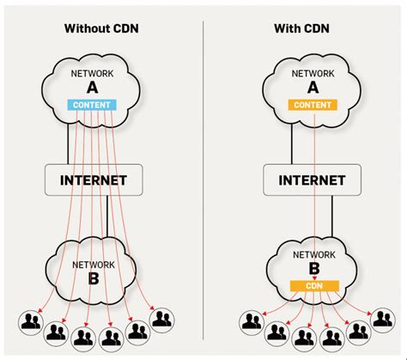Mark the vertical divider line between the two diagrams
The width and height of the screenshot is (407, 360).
click(x=203, y=172)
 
